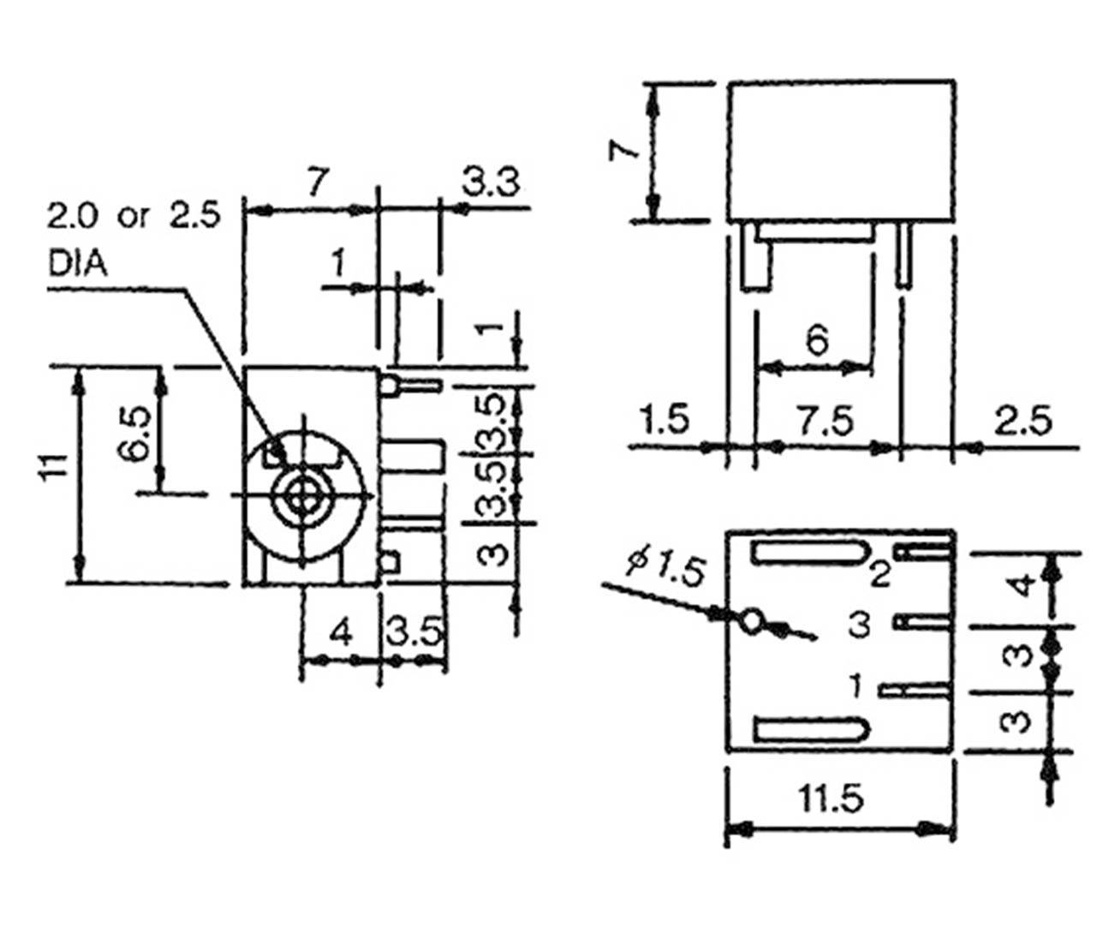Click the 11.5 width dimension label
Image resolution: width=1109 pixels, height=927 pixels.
coord(831,799)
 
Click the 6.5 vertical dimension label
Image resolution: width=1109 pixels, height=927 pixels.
coord(135,433)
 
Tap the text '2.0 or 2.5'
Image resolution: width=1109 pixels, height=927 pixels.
coord(134,216)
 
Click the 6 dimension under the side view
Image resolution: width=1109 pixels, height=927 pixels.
coord(817,341)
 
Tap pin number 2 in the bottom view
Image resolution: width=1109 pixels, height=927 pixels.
coord(879,575)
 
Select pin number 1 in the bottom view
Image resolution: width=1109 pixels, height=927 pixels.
coord(856,685)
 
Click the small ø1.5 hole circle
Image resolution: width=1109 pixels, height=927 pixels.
coord(752,620)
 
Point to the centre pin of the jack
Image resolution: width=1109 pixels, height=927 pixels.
coord(302,495)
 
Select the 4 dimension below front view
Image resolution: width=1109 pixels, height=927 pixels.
coord(341,633)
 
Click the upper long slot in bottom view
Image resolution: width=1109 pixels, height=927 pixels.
coord(809,553)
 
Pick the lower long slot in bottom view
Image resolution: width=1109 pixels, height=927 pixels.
coord(809,730)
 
